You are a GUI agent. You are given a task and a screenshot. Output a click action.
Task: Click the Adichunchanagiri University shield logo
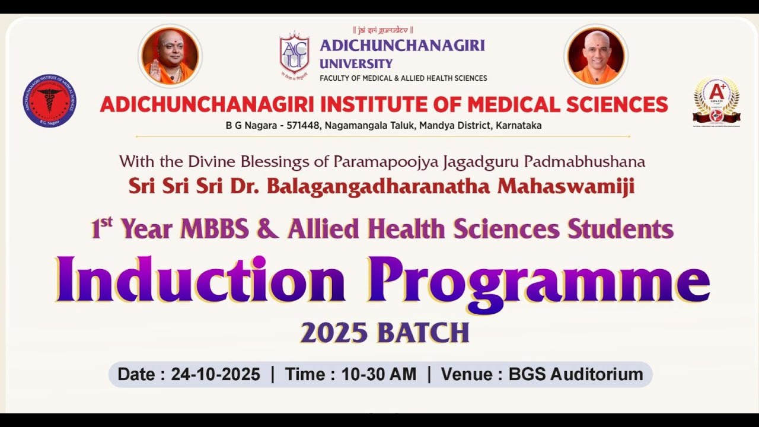[294, 53]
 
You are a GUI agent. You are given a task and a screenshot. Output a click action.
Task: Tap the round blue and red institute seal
[49, 101]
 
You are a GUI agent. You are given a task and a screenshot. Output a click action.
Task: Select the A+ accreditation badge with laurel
[716, 100]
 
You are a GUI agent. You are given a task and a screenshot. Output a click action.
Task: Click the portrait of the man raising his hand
[170, 56]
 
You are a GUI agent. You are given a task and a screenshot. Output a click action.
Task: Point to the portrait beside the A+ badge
[595, 56]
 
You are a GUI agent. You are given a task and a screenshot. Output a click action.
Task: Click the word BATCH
[423, 333]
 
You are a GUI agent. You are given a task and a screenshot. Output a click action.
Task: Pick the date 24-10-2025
[215, 374]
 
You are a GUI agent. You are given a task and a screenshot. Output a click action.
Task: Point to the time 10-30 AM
[378, 374]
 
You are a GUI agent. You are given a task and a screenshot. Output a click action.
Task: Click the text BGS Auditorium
[576, 374]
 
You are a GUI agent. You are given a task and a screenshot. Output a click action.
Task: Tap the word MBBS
[214, 230]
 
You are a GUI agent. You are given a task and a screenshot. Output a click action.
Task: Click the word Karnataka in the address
[519, 126]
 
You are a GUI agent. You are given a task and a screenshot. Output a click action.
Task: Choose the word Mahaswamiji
[566, 186]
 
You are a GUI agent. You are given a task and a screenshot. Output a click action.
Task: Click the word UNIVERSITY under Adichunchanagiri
[356, 64]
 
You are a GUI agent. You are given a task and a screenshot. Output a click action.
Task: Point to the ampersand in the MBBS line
[267, 230]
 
